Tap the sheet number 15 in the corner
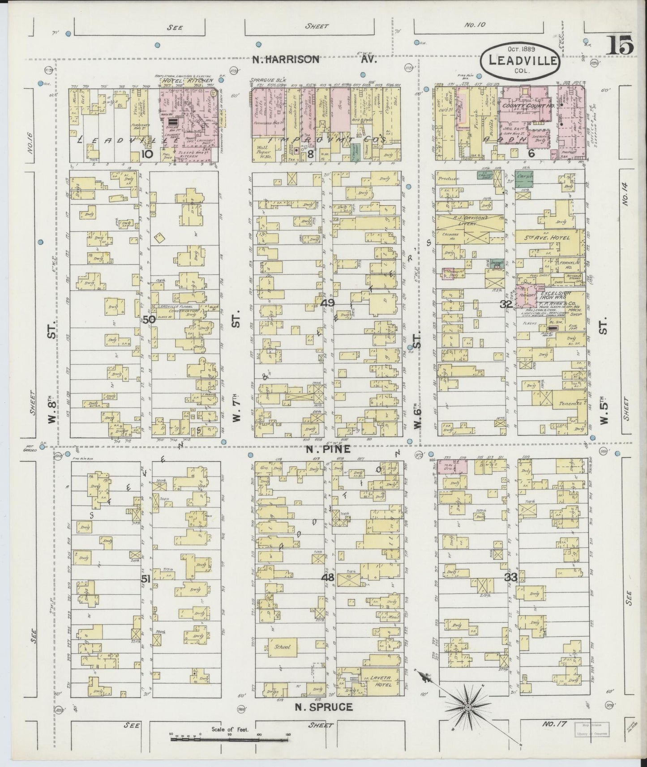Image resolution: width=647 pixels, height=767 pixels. point(620,46)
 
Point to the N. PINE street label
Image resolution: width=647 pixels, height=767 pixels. point(321,449)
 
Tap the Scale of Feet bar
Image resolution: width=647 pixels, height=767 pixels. point(230,739)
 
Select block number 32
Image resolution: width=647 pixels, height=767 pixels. point(506,304)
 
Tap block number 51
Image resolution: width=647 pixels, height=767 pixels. point(145,579)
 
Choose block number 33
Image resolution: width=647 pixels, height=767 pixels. point(510,577)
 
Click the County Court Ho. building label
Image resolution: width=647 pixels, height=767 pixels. point(521,106)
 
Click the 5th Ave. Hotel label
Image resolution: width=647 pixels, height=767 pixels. point(549,238)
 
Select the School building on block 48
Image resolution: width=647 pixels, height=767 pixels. point(283,647)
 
